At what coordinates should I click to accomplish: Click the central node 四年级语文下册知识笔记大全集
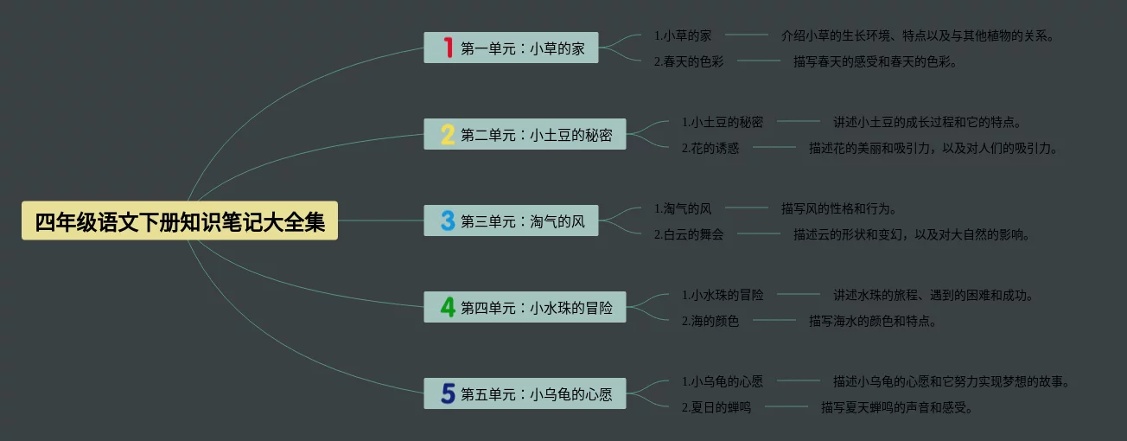pos(180,221)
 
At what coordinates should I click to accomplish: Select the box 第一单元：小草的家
pos(523,48)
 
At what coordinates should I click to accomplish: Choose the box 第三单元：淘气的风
pos(523,221)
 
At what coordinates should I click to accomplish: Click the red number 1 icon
pos(448,48)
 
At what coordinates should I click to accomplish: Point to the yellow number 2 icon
pos(448,134)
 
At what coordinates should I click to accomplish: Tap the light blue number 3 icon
pos(448,220)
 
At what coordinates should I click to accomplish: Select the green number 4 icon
pos(448,307)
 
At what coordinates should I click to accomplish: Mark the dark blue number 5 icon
pos(448,393)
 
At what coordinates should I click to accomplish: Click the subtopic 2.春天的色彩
pos(689,61)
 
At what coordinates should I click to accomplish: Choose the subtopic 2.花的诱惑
pos(710,148)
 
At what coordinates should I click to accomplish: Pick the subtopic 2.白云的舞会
pos(689,234)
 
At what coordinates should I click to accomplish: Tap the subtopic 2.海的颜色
pos(710,321)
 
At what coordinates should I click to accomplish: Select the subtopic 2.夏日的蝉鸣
pos(716,407)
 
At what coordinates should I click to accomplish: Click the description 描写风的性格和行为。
pos(839,208)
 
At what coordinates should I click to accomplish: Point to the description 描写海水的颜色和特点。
pos(873,321)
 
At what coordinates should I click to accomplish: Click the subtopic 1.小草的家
pos(683,35)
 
